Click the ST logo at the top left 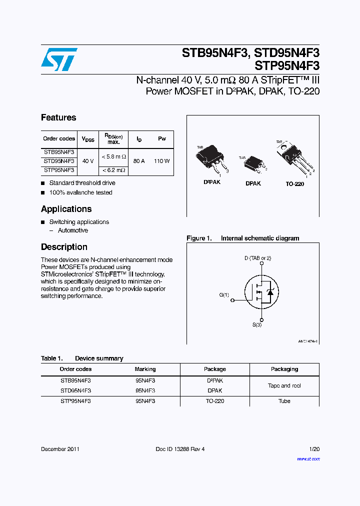pyautogui.click(x=59, y=59)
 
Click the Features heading pyautogui.click(x=58, y=117)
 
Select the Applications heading pyautogui.click(x=66, y=209)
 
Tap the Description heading pyautogui.click(x=64, y=247)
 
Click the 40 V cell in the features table pyautogui.click(x=87, y=161)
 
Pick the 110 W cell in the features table pyautogui.click(x=162, y=161)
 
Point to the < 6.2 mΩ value pyautogui.click(x=113, y=170)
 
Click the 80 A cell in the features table pyautogui.click(x=139, y=161)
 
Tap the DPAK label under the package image pyautogui.click(x=253, y=183)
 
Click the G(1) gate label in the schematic pyautogui.click(x=224, y=295)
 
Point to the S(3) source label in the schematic pyautogui.click(x=257, y=325)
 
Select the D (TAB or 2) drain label pyautogui.click(x=257, y=258)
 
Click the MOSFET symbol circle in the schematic pyautogui.click(x=261, y=292)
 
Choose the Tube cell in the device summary pyautogui.click(x=284, y=401)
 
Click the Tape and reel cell pyautogui.click(x=284, y=385)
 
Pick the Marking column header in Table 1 pyautogui.click(x=145, y=369)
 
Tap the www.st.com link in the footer pyautogui.click(x=308, y=458)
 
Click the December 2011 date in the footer pyautogui.click(x=60, y=449)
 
